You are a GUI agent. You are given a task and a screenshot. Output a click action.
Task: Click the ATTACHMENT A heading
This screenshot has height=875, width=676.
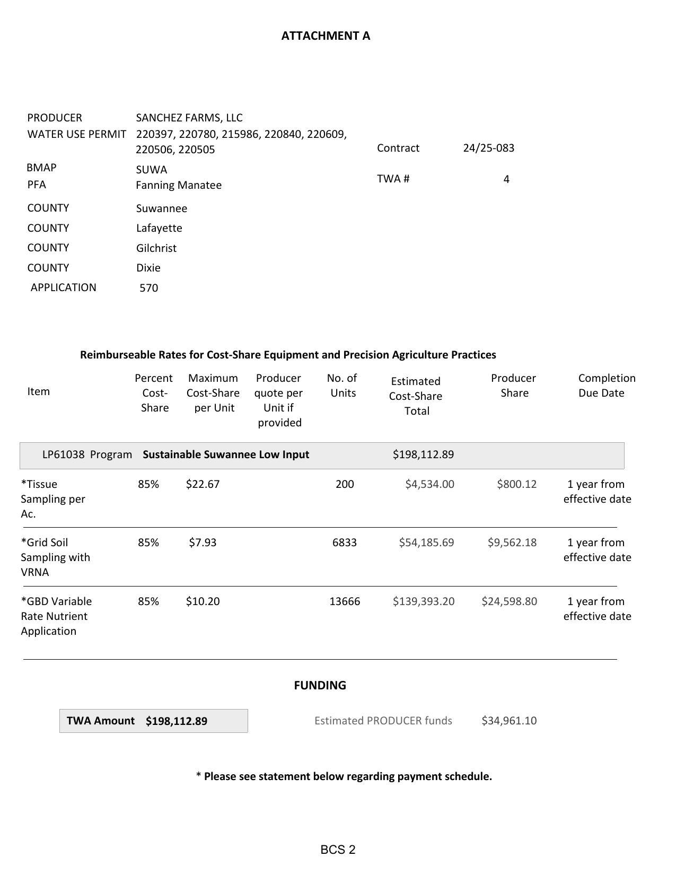click(326, 36)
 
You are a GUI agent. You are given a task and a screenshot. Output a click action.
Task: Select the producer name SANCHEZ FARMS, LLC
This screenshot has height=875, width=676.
click(189, 118)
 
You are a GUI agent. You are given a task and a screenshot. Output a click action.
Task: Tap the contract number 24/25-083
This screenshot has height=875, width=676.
click(488, 148)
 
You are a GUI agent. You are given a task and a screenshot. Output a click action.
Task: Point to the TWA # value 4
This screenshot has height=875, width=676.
click(506, 179)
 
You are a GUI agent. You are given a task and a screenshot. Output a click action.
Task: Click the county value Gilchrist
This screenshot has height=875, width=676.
click(156, 248)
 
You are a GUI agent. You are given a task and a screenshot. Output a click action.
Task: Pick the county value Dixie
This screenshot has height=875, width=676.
click(148, 268)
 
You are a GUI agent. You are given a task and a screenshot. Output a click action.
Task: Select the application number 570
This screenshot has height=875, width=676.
click(148, 288)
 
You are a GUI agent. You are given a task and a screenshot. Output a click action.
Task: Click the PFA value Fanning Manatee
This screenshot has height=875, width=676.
click(179, 185)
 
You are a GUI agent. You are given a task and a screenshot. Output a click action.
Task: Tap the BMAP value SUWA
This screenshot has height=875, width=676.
click(151, 170)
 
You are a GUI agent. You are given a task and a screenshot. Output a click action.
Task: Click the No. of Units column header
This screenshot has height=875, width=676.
click(342, 386)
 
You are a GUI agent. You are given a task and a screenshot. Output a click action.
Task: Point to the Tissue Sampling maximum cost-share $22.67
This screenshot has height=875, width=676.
click(203, 484)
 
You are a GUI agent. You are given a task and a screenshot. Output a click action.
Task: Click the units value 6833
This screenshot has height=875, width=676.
click(344, 542)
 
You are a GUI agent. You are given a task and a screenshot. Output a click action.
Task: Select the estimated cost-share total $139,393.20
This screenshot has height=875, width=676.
click(423, 601)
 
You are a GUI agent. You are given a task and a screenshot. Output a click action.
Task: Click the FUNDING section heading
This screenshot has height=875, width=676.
click(320, 685)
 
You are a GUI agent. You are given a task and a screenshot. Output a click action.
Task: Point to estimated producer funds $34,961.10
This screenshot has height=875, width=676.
click(508, 721)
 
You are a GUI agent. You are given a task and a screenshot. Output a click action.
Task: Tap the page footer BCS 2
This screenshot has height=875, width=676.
click(338, 850)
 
